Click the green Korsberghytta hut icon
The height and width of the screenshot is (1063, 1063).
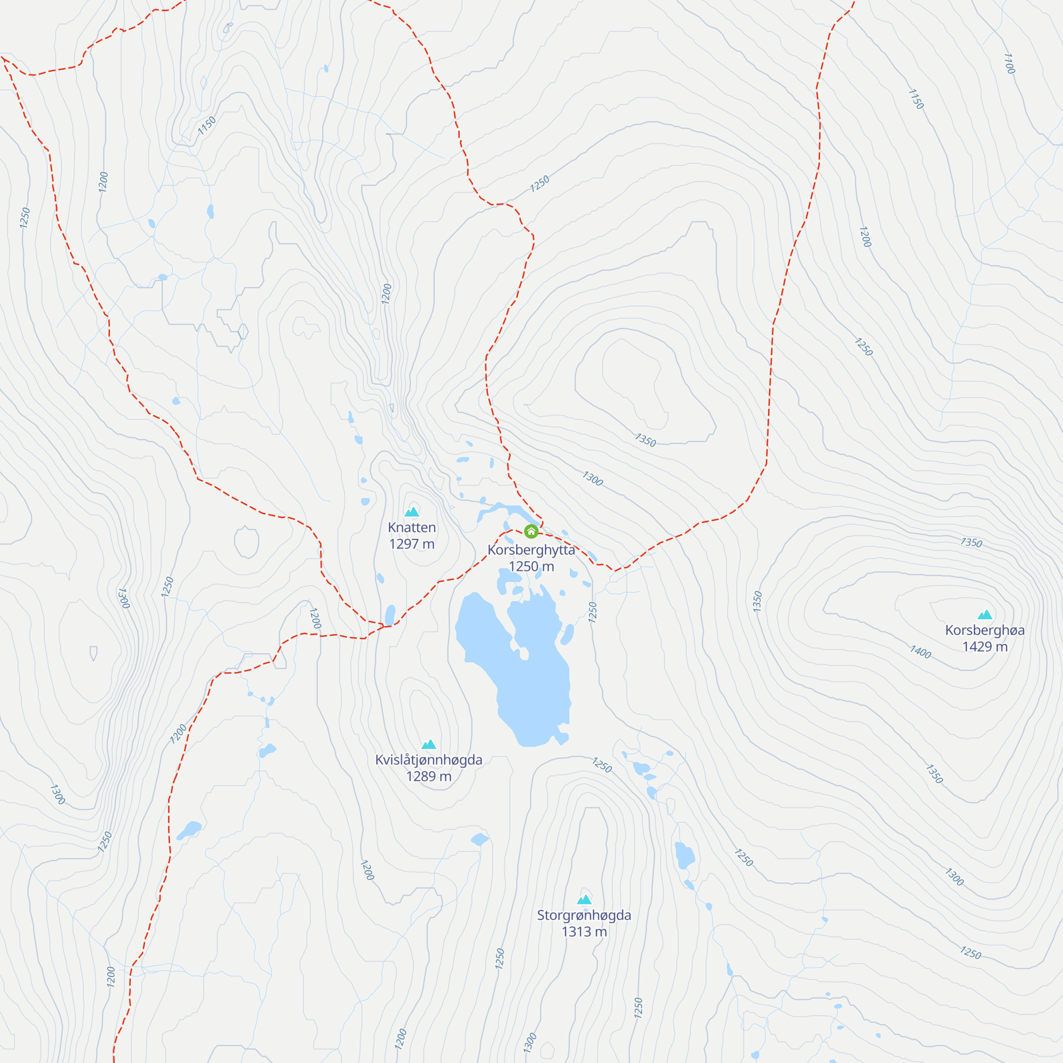tap(531, 531)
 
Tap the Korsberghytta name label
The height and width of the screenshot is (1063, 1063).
tap(531, 550)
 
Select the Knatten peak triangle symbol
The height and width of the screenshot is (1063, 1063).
tap(411, 512)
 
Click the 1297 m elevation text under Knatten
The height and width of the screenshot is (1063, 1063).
tap(411, 544)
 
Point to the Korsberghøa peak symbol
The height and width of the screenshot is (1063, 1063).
tap(985, 614)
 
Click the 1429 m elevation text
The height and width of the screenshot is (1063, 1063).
tap(985, 646)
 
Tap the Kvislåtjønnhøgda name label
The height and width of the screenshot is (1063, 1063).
tap(428, 760)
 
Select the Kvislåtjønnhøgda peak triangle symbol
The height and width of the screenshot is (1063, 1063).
tap(428, 745)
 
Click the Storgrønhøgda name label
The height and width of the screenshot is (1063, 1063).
tap(584, 915)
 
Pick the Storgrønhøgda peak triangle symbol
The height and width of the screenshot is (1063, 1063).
tap(584, 900)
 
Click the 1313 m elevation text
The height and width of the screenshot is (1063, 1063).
tap(584, 932)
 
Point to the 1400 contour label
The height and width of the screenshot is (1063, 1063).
tap(920, 653)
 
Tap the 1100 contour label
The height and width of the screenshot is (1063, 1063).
tap(1009, 63)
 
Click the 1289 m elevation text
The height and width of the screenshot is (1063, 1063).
tap(428, 777)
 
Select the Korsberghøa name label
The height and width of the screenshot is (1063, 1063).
tap(985, 630)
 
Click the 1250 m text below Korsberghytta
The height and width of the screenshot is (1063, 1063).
tap(531, 566)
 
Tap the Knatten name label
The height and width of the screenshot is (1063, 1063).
tap(411, 528)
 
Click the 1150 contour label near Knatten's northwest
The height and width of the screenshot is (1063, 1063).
tap(207, 125)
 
